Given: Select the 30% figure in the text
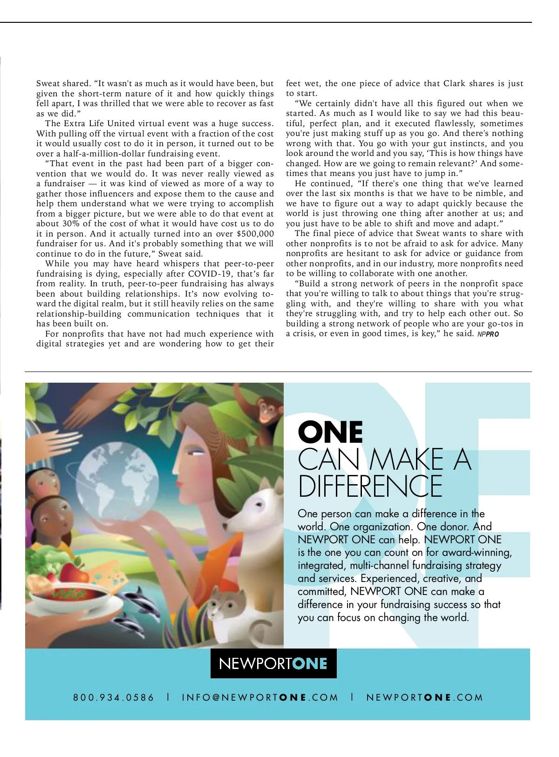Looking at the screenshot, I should click(x=70, y=224).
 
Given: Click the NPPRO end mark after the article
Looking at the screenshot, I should click(x=488, y=334).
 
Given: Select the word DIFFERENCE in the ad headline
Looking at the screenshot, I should click(x=370, y=486).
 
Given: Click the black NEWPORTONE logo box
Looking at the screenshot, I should click(x=273, y=663).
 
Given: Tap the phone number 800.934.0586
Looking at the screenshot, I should click(x=113, y=697).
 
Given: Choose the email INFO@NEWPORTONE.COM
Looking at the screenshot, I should click(x=260, y=697).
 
